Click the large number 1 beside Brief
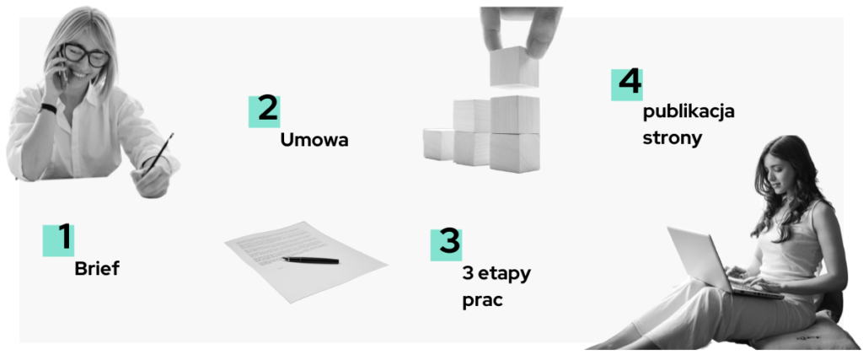[65, 237]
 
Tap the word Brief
[97, 269]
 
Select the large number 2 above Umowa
[267, 109]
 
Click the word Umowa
[314, 140]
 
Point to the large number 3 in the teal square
[449, 242]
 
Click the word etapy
[504, 275]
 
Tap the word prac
[483, 302]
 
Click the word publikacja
[689, 112]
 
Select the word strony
[672, 137]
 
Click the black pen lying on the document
[310, 260]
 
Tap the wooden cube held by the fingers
[513, 67]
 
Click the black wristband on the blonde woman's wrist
[48, 108]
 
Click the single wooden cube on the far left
[438, 144]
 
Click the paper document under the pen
[306, 261]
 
